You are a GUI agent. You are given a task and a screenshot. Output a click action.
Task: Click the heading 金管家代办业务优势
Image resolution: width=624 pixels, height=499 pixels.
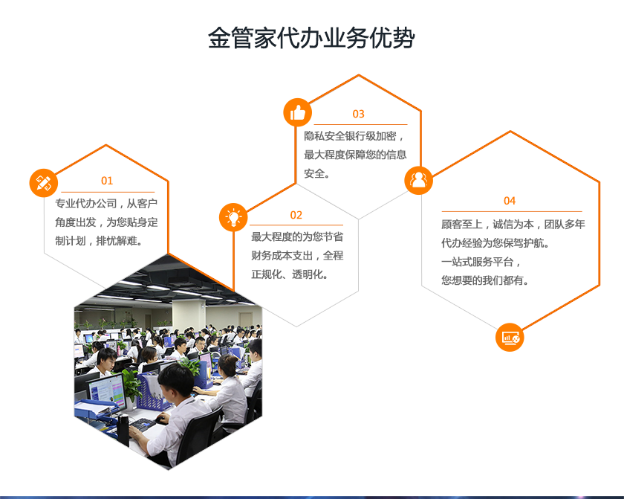pos(311,38)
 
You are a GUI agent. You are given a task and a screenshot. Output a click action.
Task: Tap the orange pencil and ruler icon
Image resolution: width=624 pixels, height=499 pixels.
pos(44,183)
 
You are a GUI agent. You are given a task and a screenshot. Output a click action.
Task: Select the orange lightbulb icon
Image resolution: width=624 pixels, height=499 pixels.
pos(233,217)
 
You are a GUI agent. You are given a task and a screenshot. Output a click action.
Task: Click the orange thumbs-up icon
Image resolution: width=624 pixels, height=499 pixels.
pos(298,113)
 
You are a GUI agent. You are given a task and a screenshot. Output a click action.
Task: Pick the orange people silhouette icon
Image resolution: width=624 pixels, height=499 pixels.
pos(419,180)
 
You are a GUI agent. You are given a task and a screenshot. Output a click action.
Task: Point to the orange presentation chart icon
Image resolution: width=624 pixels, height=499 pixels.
pos(510,338)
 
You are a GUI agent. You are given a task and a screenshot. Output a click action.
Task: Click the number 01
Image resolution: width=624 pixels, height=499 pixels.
pos(107,181)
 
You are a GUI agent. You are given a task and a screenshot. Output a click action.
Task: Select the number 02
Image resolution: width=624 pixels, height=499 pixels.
pos(296,215)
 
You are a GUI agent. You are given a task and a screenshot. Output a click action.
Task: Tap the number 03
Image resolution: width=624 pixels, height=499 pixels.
pos(359,114)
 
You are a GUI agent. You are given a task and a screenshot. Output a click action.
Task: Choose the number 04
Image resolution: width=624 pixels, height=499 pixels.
pos(510,201)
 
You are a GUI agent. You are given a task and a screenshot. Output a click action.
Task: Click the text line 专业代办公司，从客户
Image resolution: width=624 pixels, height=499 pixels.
pos(106,204)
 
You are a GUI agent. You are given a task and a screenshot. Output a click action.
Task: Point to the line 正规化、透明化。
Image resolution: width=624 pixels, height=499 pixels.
pos(290,274)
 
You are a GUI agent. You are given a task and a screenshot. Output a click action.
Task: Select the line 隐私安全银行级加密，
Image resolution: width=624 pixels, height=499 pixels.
pos(354,136)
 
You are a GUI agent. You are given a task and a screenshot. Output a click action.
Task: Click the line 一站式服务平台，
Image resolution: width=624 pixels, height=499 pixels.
pos(481,262)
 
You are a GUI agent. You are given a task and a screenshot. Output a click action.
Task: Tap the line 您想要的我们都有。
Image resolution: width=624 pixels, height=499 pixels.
pos(485,280)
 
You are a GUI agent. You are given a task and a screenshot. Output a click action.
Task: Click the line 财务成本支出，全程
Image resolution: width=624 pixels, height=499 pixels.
pos(297,256)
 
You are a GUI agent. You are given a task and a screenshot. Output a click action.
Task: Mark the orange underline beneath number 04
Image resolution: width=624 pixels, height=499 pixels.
pos(512,211)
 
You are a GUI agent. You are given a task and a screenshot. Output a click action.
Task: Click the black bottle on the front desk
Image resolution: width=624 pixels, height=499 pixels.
pos(123,430)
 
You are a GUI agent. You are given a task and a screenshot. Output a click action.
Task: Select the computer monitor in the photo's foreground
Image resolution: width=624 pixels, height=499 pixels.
pos(106,391)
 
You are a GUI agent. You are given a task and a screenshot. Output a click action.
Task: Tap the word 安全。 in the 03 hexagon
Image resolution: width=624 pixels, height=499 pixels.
pos(316,173)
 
